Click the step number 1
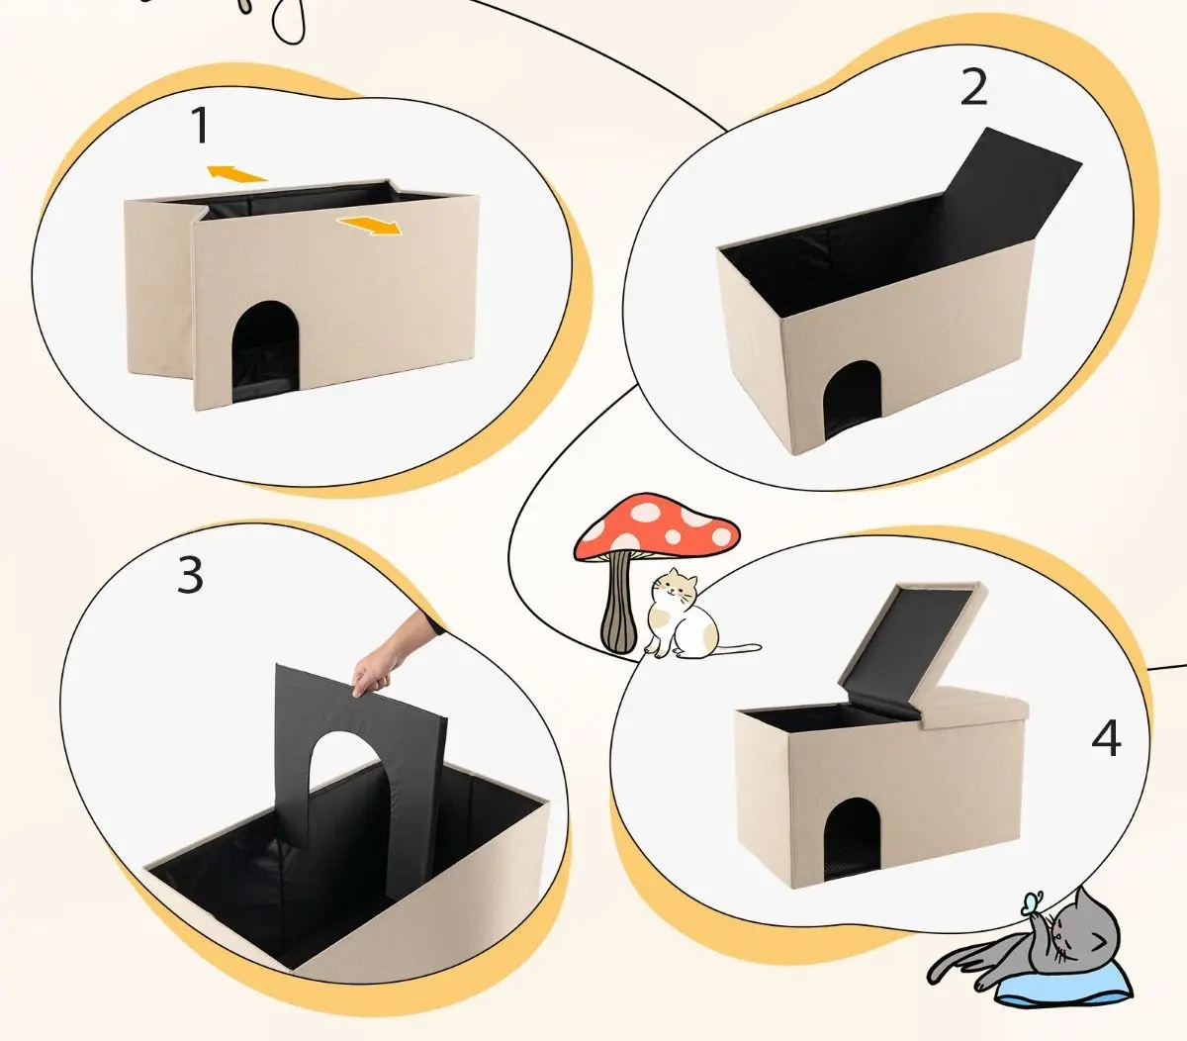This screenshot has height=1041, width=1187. click(201, 125)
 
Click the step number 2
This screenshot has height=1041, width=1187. click(973, 87)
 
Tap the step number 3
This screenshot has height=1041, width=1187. click(190, 574)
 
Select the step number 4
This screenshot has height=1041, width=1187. click(1106, 738)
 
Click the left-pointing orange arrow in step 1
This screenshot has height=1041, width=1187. click(236, 173)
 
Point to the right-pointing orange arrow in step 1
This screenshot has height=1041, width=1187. click(370, 226)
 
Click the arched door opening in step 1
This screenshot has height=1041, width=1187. click(266, 351)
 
